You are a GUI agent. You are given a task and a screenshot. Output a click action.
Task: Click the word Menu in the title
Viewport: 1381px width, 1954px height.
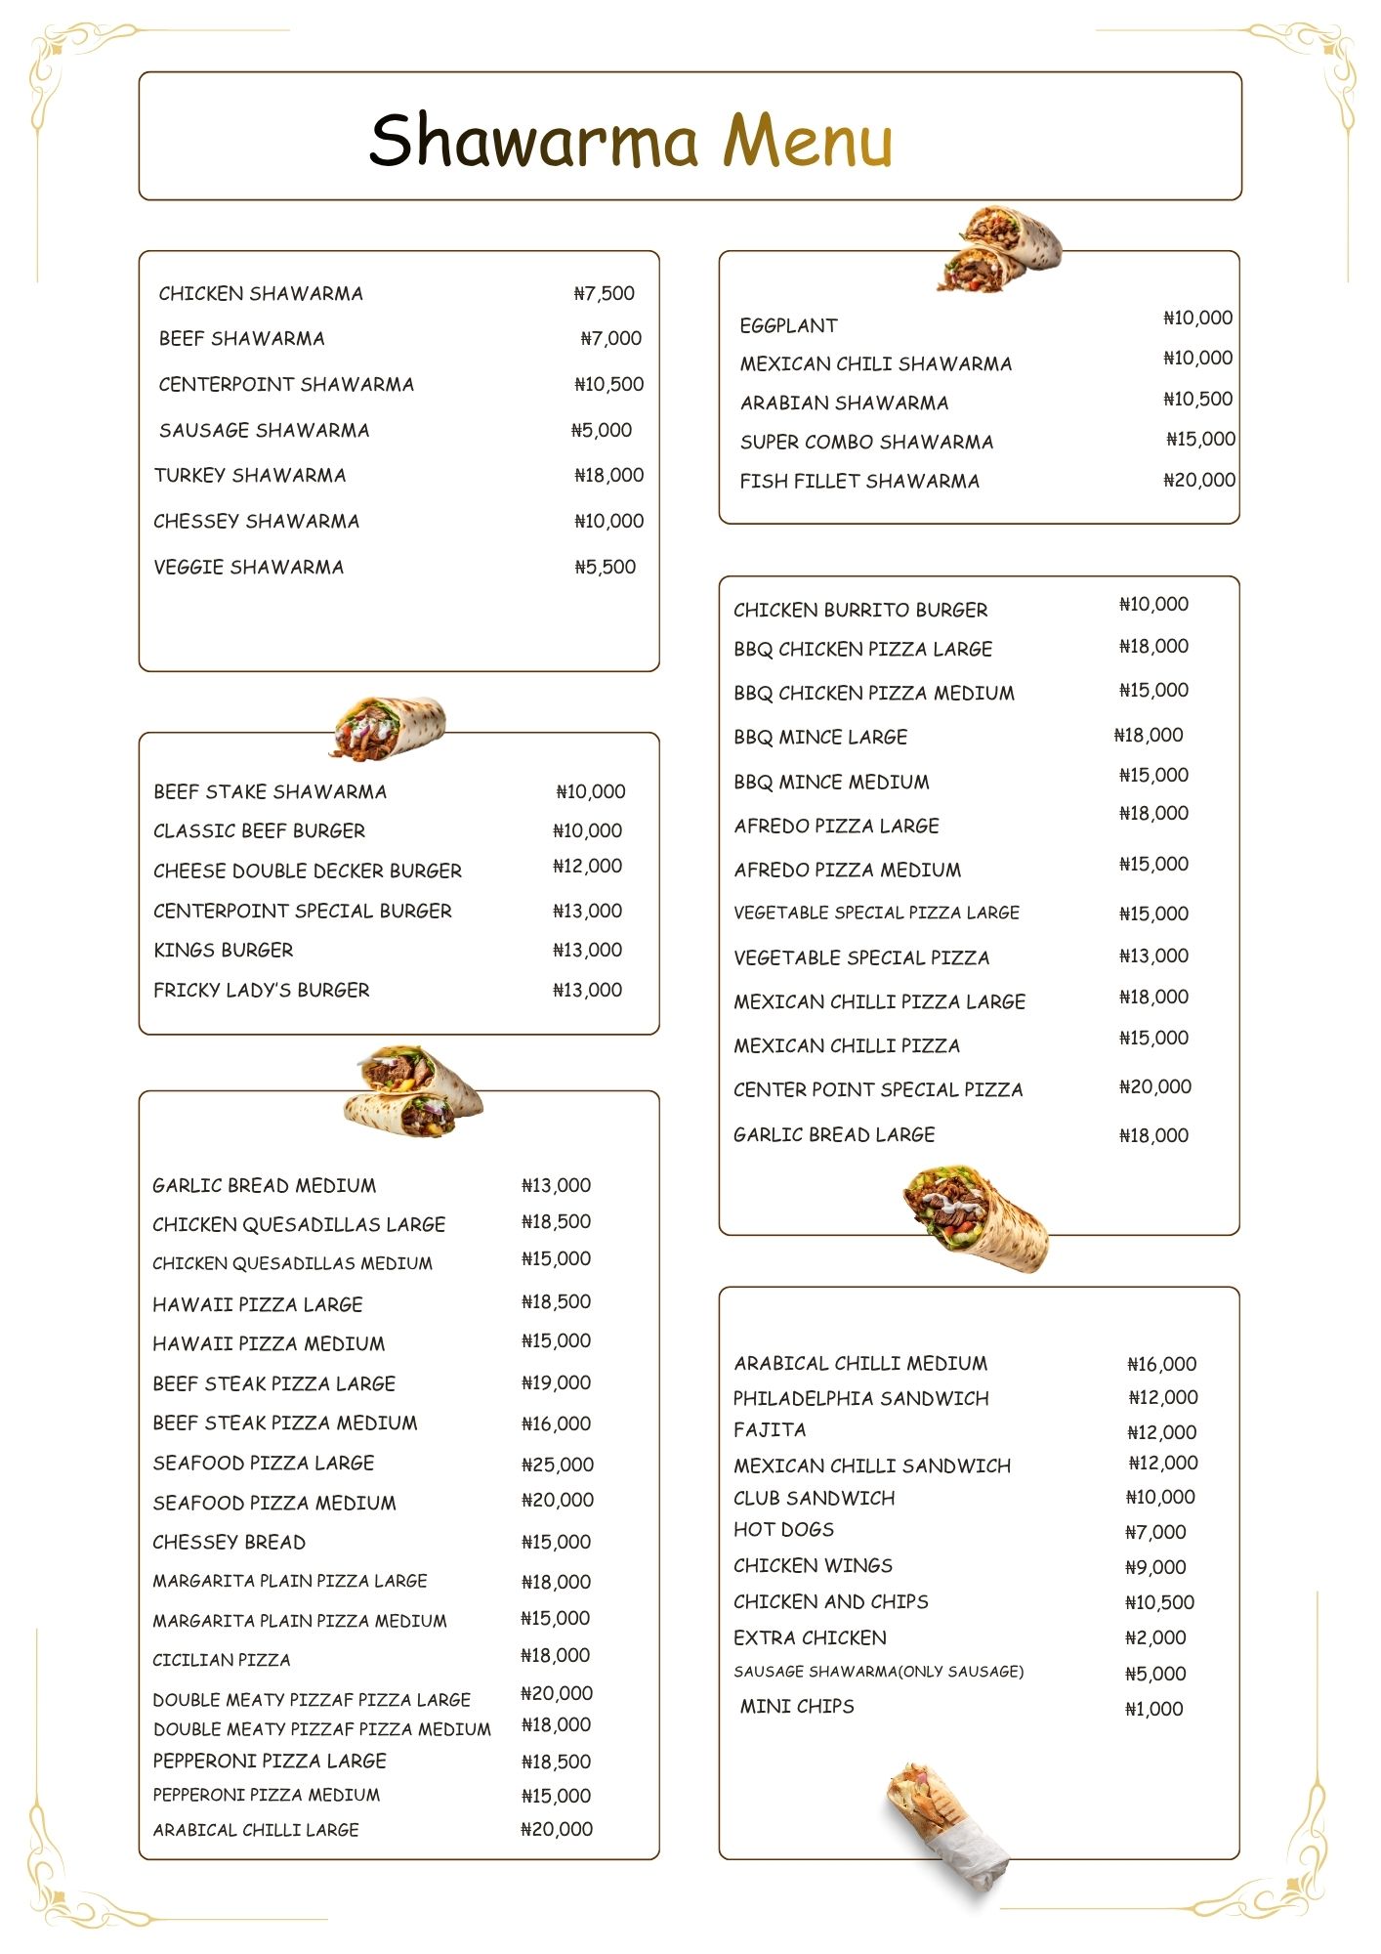tap(808, 141)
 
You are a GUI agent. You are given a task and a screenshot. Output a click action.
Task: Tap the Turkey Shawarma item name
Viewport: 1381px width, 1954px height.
tap(250, 476)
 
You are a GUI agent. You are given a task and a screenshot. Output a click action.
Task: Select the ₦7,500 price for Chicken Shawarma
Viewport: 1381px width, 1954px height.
tap(605, 293)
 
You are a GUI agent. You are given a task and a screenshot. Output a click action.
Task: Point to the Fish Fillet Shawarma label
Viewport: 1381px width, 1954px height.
tap(859, 481)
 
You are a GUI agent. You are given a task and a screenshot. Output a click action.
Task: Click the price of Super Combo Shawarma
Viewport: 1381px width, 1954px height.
tap(1200, 439)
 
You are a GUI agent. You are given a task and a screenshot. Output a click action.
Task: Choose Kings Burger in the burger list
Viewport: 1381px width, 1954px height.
tap(223, 950)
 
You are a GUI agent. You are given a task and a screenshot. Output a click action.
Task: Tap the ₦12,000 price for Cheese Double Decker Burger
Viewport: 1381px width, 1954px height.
tap(587, 866)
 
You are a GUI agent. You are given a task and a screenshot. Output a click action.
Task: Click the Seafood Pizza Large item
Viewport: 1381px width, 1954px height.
tap(264, 1463)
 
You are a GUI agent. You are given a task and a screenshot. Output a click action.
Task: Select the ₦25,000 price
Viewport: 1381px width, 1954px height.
tap(557, 1464)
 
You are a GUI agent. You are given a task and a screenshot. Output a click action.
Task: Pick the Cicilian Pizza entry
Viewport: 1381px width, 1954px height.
tap(222, 1660)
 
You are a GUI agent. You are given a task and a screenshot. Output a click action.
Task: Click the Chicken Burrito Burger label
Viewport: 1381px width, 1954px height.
tap(860, 610)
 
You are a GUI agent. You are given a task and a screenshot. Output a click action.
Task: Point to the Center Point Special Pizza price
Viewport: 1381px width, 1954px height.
tap(1155, 1086)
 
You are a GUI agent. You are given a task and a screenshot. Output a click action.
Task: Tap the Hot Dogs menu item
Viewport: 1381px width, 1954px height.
tap(783, 1529)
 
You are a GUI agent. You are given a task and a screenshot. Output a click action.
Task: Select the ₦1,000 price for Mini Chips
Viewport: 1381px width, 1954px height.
tap(1153, 1709)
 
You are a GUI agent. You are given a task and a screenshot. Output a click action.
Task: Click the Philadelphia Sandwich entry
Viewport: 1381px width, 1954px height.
tap(861, 1398)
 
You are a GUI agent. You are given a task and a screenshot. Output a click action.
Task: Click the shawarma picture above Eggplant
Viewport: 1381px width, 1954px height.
tap(998, 249)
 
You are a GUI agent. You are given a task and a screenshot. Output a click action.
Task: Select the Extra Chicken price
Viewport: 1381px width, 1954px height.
tap(1155, 1637)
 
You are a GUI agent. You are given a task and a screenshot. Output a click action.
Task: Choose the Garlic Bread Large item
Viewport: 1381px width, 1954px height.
tap(834, 1134)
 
